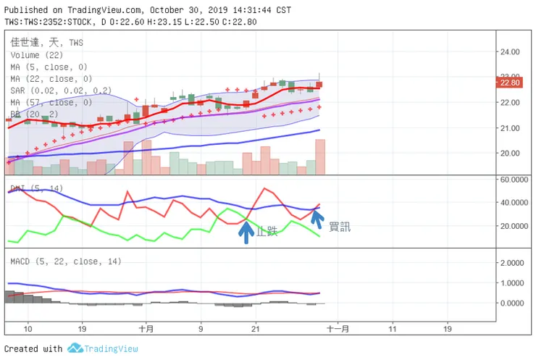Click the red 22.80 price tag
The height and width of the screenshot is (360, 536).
click(510, 83)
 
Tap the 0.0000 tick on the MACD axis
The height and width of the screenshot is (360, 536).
click(512, 303)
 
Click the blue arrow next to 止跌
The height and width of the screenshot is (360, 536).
click(246, 231)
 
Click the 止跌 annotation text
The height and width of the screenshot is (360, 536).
click(267, 232)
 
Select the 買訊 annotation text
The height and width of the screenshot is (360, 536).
click(339, 227)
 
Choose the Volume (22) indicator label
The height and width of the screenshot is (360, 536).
click(36, 55)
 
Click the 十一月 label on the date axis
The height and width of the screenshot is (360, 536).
click(338, 328)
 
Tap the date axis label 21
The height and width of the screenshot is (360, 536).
click(255, 328)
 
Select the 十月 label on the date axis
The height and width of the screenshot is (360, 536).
click(146, 328)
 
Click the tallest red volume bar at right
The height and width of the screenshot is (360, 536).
click(319, 156)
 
